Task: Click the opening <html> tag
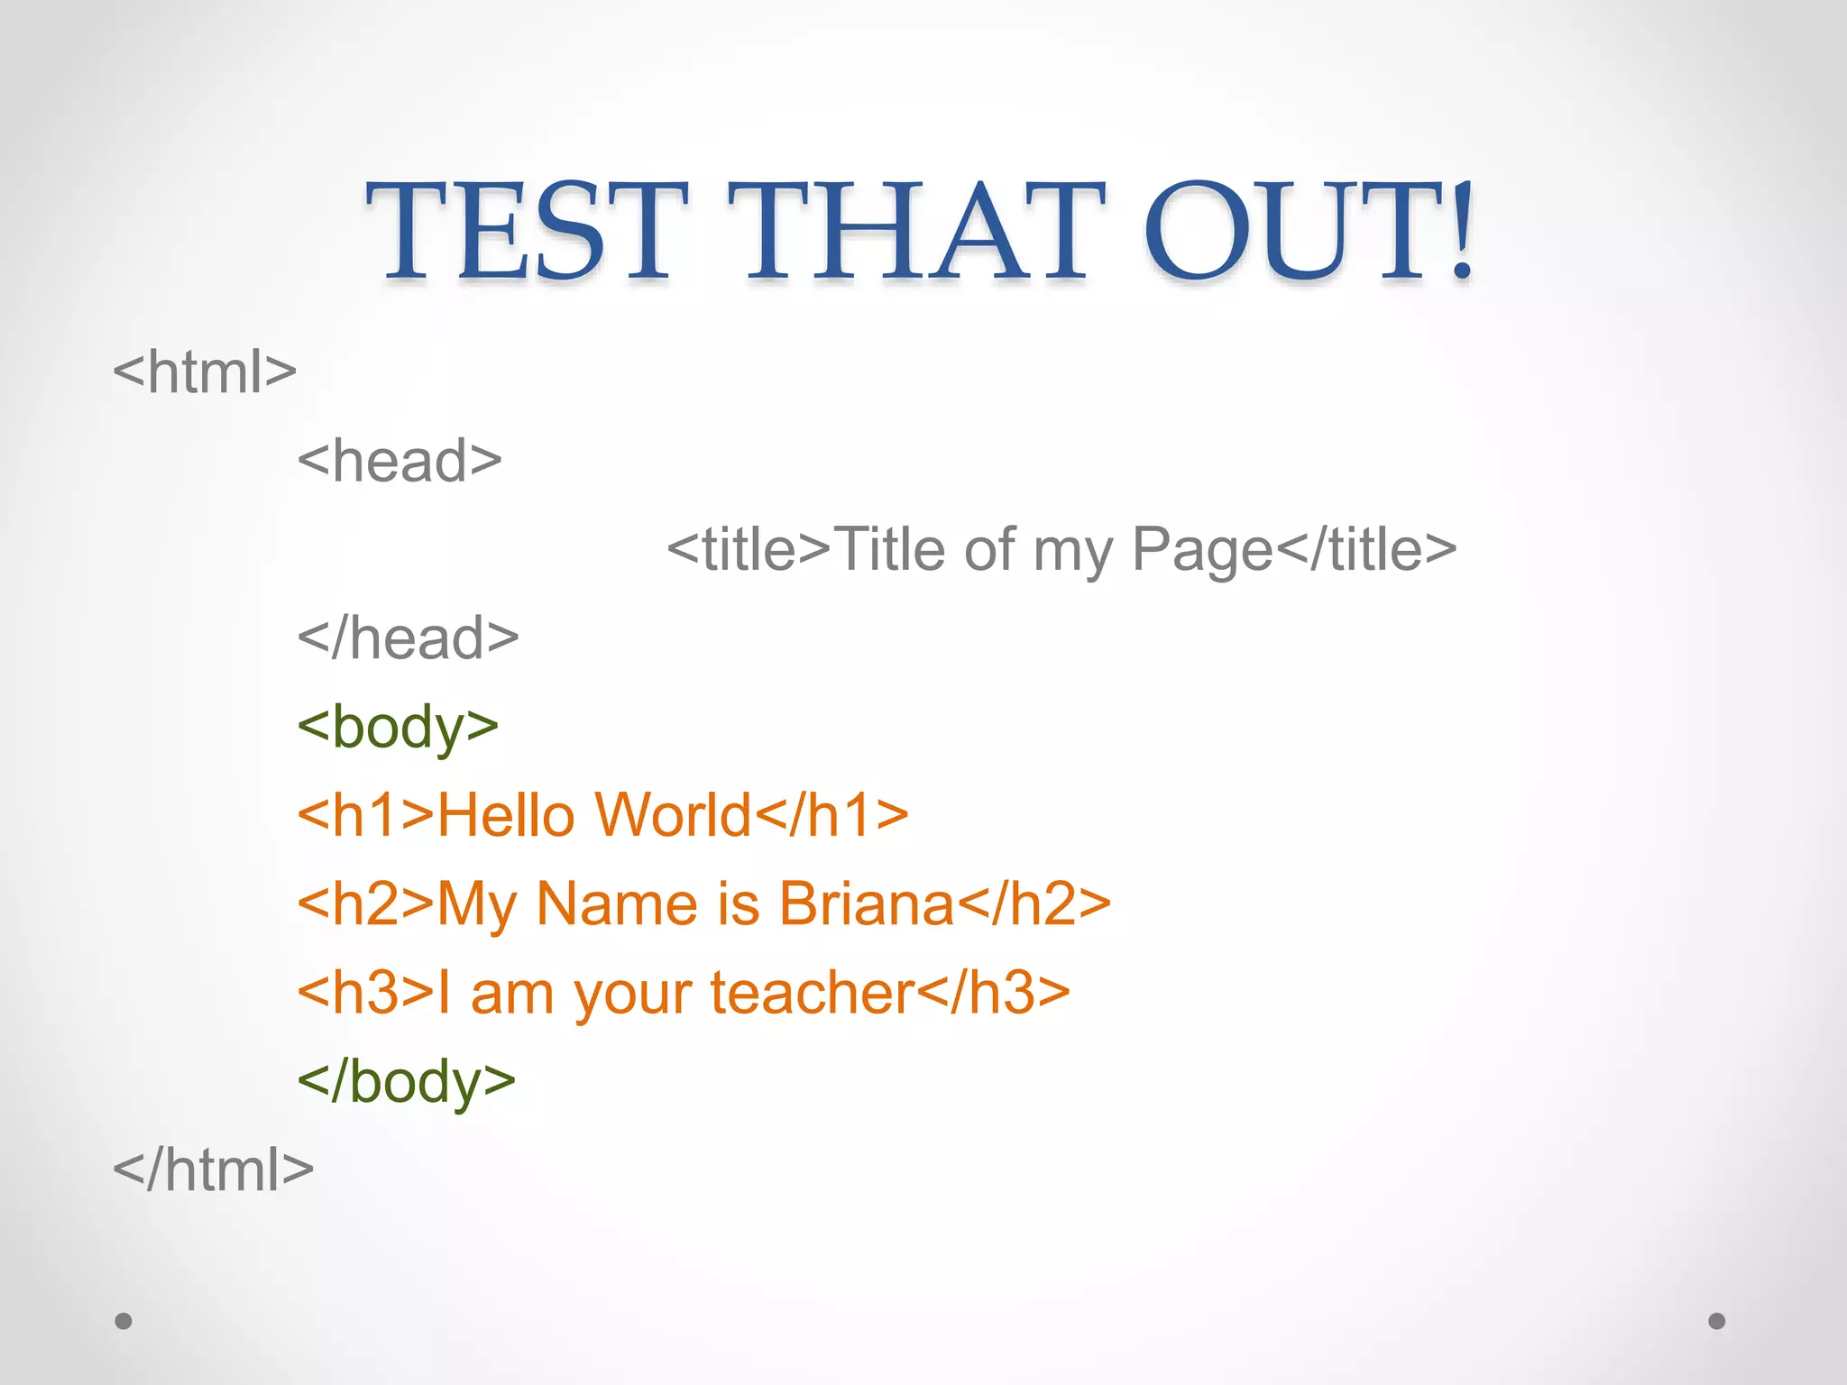click(205, 371)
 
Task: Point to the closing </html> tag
click(213, 1169)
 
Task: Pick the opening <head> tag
click(400, 460)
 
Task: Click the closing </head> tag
click(408, 637)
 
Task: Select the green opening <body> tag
click(398, 727)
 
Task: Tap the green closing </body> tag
click(406, 1081)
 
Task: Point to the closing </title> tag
click(1366, 549)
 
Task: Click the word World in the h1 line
click(673, 815)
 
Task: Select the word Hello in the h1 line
click(505, 815)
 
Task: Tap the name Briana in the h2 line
click(866, 903)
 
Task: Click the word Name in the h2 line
click(617, 903)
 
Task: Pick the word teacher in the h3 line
click(813, 993)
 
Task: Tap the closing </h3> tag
click(993, 993)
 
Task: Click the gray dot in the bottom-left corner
click(124, 1321)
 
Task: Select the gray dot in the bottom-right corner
click(1717, 1321)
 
